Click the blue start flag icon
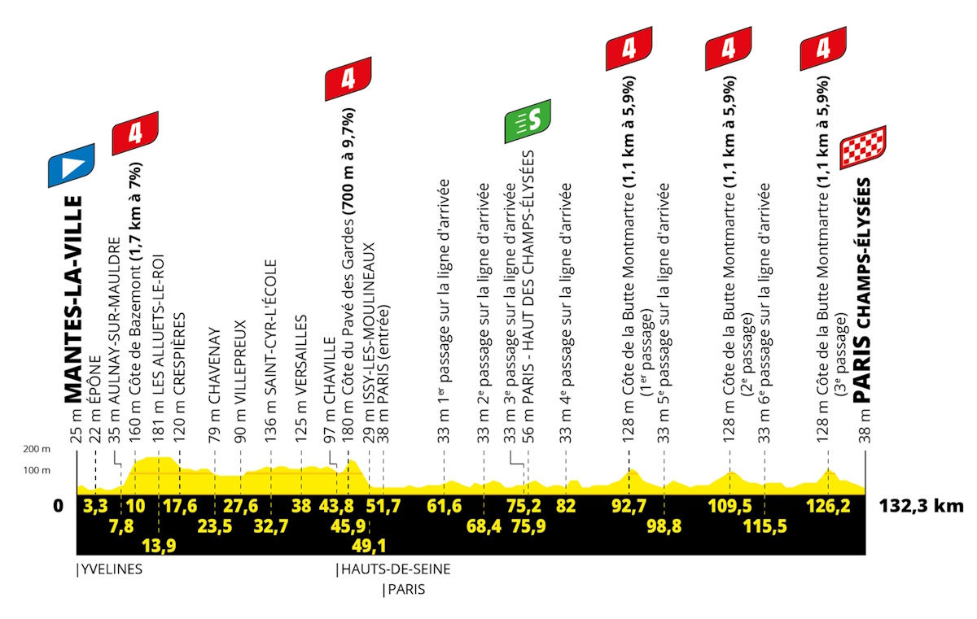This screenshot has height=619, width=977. [71, 166]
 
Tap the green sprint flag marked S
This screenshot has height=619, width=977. [528, 121]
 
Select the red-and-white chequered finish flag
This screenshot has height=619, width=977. [863, 148]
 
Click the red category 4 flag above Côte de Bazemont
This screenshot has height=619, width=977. [135, 133]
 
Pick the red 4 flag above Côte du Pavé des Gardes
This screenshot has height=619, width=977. [348, 79]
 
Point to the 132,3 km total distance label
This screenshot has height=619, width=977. [921, 506]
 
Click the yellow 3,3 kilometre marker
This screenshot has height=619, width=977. [95, 506]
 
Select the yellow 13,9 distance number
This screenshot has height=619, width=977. [160, 545]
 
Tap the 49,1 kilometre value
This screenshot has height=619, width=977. [369, 545]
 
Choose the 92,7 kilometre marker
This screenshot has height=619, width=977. [629, 506]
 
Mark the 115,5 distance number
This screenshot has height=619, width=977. [765, 526]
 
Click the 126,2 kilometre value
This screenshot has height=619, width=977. [828, 506]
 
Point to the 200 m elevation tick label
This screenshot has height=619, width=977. [37, 449]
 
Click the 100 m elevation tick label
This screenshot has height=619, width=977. [37, 470]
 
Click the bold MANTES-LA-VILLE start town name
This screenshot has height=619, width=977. [74, 299]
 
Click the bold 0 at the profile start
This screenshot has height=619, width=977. [58, 506]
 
